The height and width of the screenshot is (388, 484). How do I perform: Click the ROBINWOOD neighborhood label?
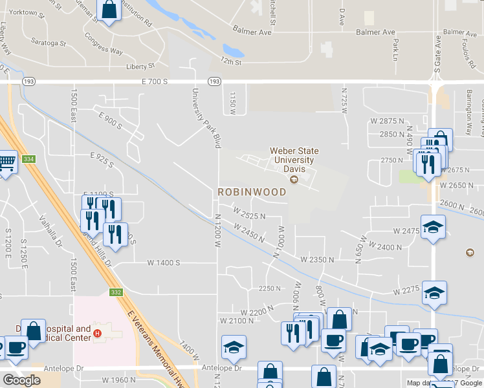(x=252, y=192)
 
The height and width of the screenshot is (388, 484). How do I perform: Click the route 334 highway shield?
(x=28, y=159)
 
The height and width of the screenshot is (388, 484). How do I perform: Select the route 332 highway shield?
(x=116, y=292)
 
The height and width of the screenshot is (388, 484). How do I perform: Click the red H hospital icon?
(x=97, y=334)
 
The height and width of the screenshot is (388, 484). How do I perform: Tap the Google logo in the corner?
(x=21, y=380)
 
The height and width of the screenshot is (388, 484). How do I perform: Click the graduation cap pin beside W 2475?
(x=433, y=228)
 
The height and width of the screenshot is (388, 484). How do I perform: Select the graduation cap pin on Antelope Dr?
(x=234, y=348)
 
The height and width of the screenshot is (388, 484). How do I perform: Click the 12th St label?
(x=230, y=63)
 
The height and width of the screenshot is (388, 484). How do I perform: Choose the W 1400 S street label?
(x=163, y=263)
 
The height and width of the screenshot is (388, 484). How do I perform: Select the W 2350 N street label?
(x=316, y=259)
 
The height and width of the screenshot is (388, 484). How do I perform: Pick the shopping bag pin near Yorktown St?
(x=109, y=11)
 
